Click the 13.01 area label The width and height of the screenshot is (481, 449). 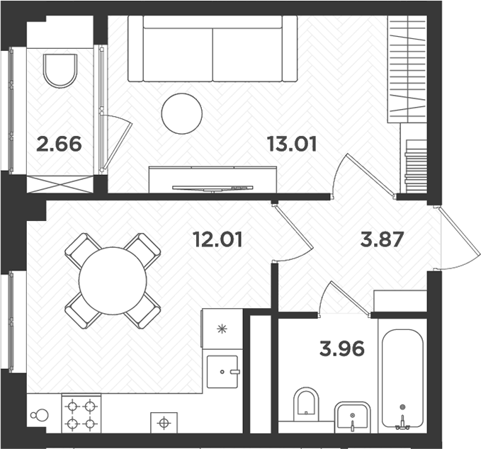click(291, 144)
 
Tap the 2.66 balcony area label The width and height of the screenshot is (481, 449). click(59, 144)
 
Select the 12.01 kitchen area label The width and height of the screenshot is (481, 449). click(217, 239)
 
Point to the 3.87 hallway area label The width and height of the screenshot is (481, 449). click(382, 239)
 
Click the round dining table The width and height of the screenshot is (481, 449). click(113, 280)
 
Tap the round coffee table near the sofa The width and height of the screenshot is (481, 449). click(181, 114)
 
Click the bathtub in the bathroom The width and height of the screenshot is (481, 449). click(402, 378)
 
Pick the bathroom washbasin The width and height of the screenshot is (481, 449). click(351, 417)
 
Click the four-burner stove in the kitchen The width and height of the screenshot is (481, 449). click(81, 415)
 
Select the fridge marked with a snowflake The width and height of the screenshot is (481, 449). click(222, 329)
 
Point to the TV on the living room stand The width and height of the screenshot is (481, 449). click(213, 188)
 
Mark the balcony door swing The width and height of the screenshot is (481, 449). click(115, 142)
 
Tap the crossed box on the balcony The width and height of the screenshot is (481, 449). click(60, 184)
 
